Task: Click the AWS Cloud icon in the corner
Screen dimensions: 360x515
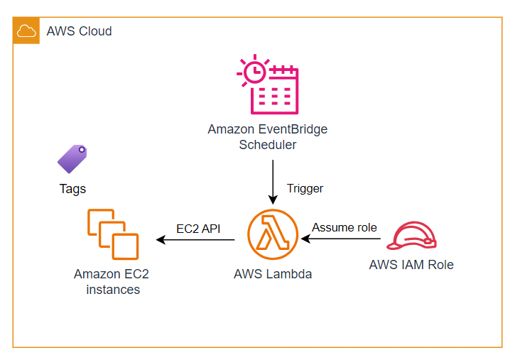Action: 26,31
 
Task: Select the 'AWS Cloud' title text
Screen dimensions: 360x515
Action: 79,31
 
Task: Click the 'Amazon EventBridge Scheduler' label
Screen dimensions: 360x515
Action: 268,137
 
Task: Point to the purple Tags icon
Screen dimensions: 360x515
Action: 72,159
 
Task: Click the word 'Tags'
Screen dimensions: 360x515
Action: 72,188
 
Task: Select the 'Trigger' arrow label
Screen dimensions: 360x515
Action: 305,188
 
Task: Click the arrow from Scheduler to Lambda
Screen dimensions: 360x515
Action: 273,182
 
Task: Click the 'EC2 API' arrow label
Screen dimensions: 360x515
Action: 198,229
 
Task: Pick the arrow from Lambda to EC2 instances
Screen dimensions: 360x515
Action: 196,240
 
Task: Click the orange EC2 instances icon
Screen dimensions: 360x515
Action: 112,234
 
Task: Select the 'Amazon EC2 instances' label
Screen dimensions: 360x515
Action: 112,282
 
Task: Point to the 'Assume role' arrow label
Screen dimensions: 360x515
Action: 345,228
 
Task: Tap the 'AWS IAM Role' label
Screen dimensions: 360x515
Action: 411,265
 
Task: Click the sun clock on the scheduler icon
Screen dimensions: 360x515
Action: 252,71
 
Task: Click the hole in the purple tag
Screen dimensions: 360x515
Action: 82,151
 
